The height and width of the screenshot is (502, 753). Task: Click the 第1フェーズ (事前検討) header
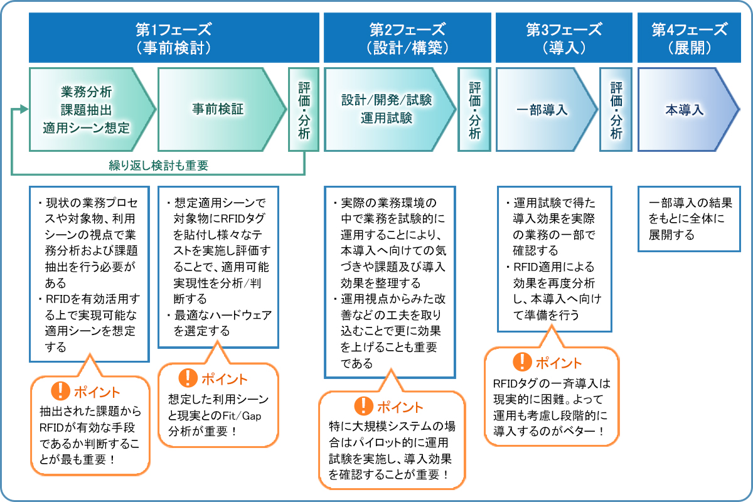pos(173,38)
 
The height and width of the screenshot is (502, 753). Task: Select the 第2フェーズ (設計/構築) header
pos(407,38)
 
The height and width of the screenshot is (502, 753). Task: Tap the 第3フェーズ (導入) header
pos(563,38)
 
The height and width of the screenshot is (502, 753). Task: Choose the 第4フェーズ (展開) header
pos(690,38)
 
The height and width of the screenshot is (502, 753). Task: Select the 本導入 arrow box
pos(685,109)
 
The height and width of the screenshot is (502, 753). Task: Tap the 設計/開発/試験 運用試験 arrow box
pos(387,109)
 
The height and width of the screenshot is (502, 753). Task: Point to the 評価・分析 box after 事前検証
pos(304,109)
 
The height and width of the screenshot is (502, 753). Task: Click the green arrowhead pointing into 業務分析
pos(24,109)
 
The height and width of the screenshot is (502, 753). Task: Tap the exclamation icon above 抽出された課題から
pos(60,392)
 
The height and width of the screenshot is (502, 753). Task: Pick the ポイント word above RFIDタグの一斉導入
pos(558,363)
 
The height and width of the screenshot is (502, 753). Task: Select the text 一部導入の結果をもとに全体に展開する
pos(690,219)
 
